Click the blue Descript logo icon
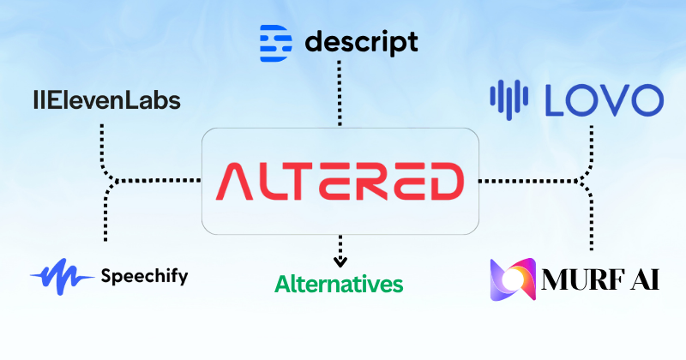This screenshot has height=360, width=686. click(275, 40)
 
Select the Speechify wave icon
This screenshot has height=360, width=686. click(63, 277)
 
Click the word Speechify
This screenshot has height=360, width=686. click(143, 276)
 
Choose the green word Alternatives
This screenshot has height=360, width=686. click(339, 284)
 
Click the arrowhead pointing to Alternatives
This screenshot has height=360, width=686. click(341, 261)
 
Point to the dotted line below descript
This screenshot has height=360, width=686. click(341, 94)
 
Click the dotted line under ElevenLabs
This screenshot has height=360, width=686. click(104, 141)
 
